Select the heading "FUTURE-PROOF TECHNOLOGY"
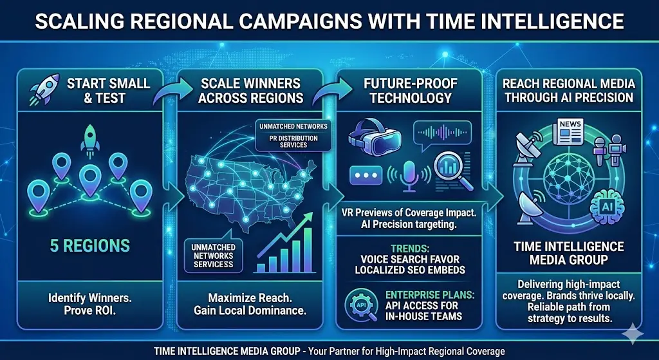coord(409,90)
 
